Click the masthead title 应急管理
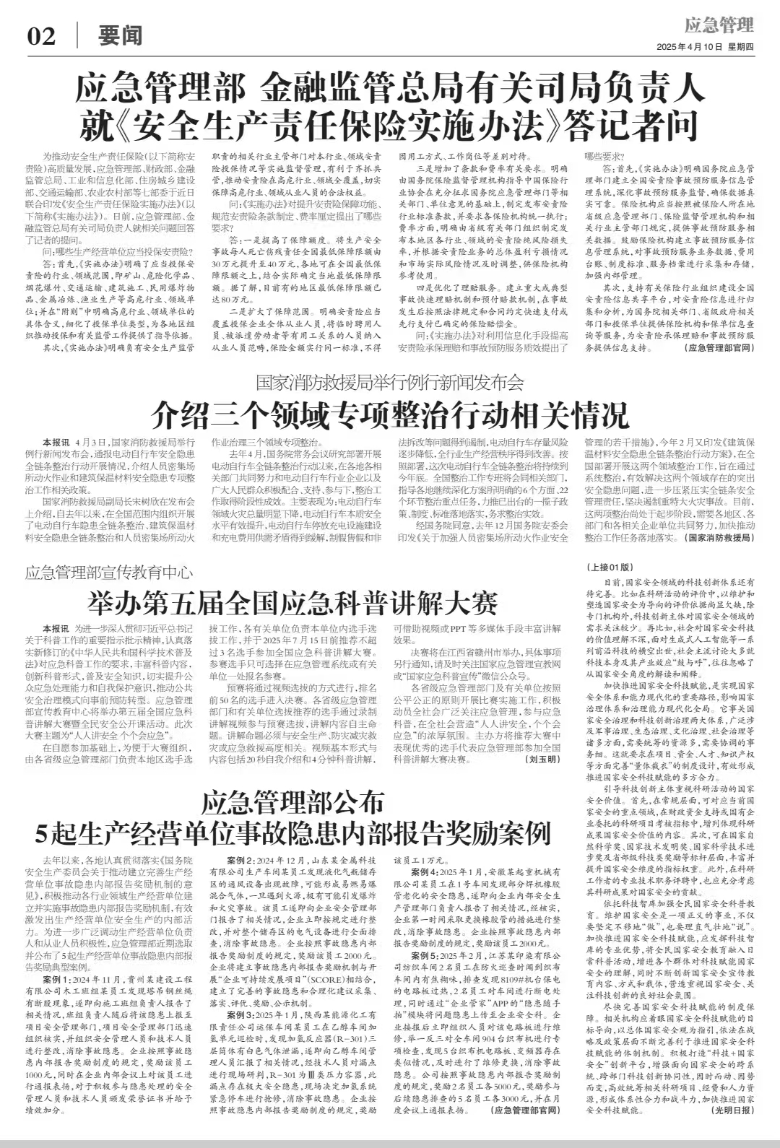[x=719, y=26]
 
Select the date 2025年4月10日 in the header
[x=689, y=47]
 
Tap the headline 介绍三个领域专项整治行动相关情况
[x=390, y=415]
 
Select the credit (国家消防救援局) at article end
[x=719, y=538]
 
